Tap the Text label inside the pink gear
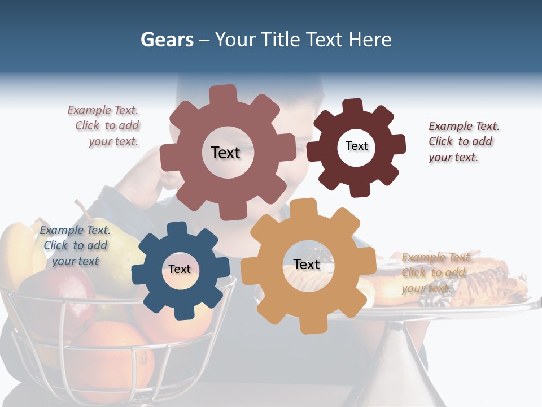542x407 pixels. pyautogui.click(x=225, y=153)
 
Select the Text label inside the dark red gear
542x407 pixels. pyautogui.click(x=356, y=146)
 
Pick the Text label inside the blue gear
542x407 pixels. pyautogui.click(x=180, y=269)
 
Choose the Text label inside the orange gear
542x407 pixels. pyautogui.click(x=307, y=265)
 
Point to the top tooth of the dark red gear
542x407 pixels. pyautogui.click(x=353, y=106)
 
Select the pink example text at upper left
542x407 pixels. pyautogui.click(x=106, y=126)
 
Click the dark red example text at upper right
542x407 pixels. pyautogui.click(x=462, y=141)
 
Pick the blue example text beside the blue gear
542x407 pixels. pyautogui.click(x=75, y=245)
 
